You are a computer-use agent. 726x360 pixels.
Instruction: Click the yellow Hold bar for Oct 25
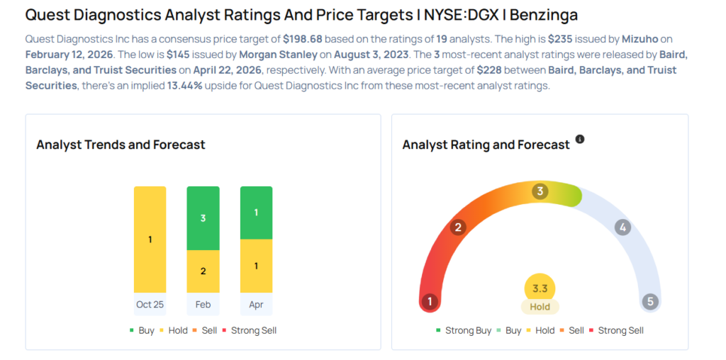[150, 240]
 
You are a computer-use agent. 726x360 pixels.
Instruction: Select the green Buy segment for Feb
[203, 218]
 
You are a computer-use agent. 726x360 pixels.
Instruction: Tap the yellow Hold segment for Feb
[203, 271]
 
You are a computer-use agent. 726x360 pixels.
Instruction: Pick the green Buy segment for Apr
[256, 213]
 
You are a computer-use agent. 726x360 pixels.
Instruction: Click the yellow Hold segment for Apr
[256, 266]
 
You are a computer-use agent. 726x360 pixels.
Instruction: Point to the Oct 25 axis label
[150, 304]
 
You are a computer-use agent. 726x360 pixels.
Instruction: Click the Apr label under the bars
[256, 304]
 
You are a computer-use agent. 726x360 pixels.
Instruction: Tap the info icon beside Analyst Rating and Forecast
[580, 140]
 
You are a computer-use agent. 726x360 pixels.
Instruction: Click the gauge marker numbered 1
[429, 302]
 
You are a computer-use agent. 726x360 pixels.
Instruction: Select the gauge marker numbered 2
[459, 227]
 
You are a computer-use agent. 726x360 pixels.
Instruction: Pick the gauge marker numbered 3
[540, 191]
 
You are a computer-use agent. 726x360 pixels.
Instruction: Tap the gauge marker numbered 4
[622, 227]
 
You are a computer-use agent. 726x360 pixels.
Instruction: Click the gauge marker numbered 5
[650, 302]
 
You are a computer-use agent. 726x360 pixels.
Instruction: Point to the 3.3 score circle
[540, 288]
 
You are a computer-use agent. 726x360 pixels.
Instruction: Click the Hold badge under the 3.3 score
[540, 307]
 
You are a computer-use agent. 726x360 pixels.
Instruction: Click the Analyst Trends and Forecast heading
[121, 145]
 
